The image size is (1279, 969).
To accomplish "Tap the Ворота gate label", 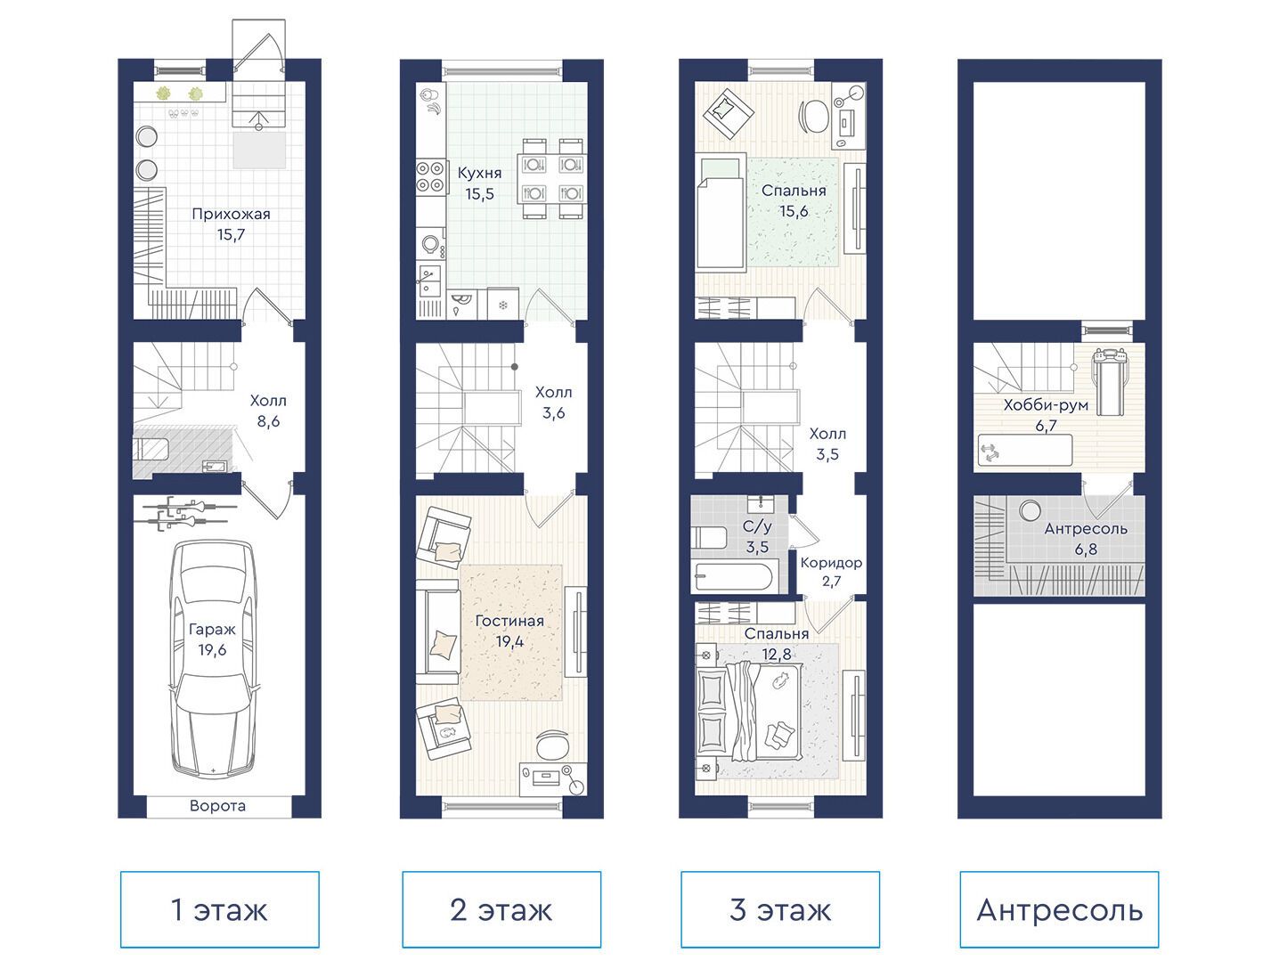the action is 217,806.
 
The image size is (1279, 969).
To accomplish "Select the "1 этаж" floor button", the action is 220,909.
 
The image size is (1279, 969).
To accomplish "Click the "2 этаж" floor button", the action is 501,909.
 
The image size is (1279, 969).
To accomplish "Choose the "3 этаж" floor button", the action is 780,909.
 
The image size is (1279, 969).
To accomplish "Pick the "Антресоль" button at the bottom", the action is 1059,909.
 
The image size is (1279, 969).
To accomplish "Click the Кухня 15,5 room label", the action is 479,183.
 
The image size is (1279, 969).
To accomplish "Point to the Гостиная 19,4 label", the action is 509,631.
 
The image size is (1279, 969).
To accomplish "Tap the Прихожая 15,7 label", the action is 232,224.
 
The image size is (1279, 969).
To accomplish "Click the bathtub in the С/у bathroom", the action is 732,578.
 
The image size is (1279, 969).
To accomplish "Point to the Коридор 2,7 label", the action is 831,572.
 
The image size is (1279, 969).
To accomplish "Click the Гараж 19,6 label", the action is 212,639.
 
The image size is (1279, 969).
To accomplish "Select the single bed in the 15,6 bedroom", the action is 721,213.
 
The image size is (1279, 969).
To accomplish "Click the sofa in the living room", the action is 437,632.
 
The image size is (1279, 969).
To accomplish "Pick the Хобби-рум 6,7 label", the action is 1046,415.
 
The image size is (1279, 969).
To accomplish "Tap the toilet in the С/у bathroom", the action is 709,537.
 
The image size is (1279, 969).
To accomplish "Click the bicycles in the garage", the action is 190,511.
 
